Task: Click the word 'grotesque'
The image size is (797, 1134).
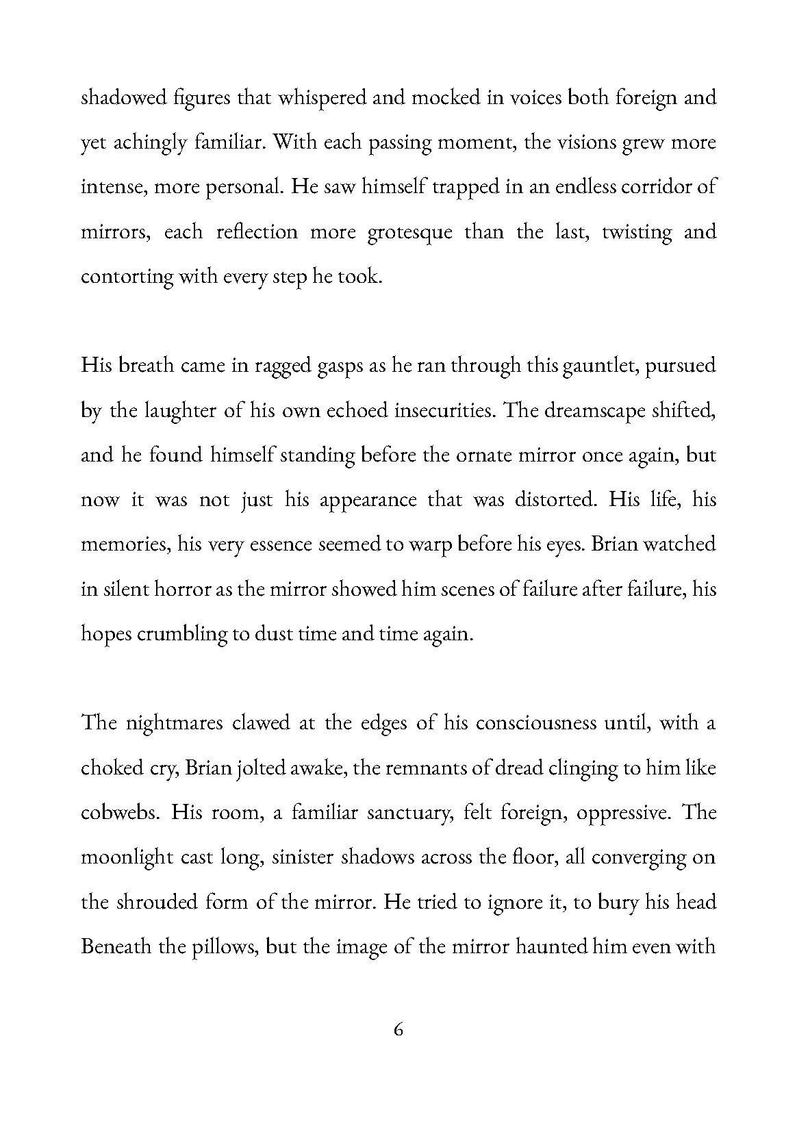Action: [409, 232]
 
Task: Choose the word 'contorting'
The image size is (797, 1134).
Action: [127, 277]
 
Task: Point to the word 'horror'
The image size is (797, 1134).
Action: [178, 589]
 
